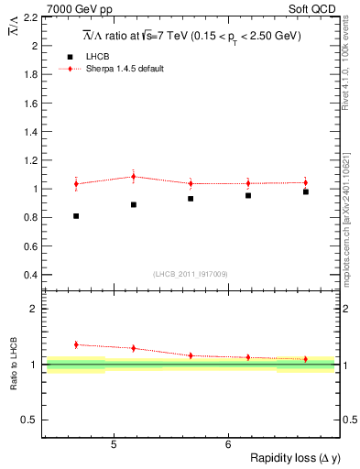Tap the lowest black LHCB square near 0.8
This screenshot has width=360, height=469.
pos(76,216)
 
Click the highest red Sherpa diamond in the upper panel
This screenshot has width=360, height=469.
pos(133,177)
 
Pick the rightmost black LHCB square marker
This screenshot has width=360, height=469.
pos(306,191)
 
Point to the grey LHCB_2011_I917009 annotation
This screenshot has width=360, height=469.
pos(190,274)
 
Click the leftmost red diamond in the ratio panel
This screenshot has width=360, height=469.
pos(76,344)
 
